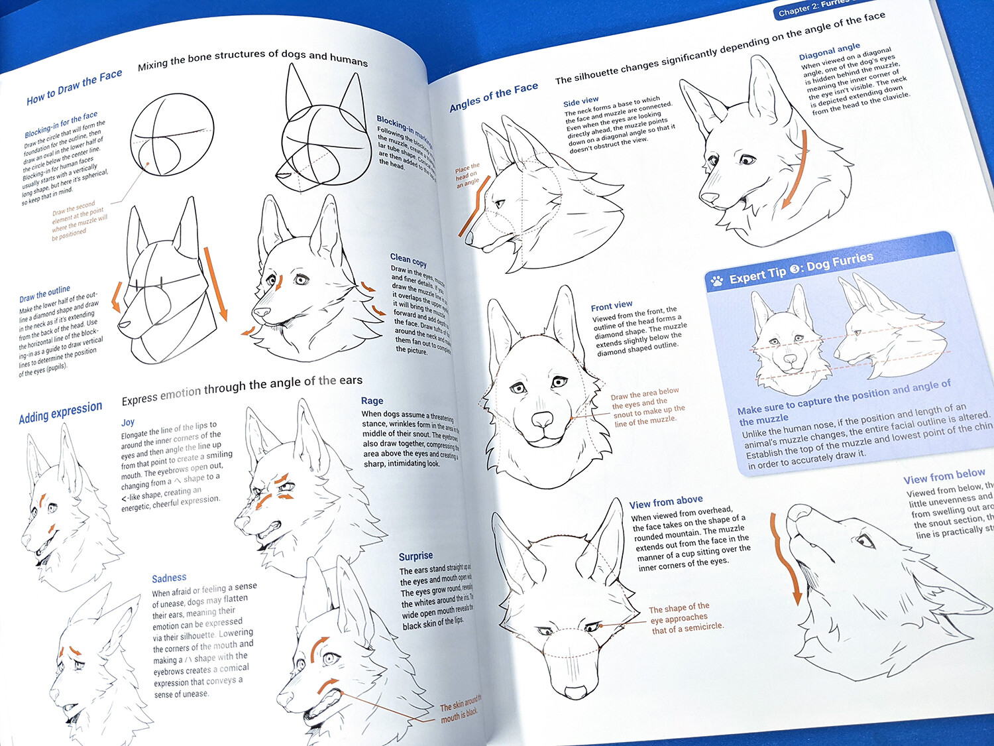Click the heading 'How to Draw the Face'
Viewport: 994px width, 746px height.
[x=74, y=87]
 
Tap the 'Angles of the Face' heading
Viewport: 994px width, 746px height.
[x=494, y=97]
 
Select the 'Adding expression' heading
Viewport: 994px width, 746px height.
[x=60, y=412]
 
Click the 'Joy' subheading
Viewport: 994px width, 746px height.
[x=128, y=422]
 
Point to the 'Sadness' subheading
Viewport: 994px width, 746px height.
[x=169, y=578]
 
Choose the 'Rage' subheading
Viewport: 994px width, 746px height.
[x=372, y=401]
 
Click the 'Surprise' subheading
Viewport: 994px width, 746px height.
[x=415, y=556]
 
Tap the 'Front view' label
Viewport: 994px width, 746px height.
[x=611, y=306]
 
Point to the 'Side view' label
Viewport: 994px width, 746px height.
[x=580, y=101]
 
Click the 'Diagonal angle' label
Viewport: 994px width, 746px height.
[x=829, y=51]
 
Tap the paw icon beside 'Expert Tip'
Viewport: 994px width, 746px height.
[x=716, y=280]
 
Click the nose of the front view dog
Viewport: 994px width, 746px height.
[x=542, y=420]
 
